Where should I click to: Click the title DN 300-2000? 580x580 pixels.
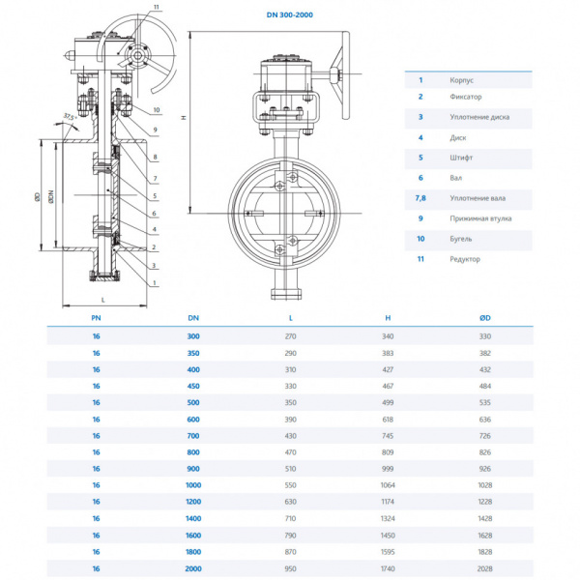tap(289, 15)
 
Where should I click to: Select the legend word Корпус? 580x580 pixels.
tap(462, 80)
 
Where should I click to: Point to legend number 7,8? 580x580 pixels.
tap(420, 197)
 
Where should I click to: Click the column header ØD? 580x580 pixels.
tap(484, 317)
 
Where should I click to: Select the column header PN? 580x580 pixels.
tap(96, 317)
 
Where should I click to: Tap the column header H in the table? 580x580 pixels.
tap(387, 317)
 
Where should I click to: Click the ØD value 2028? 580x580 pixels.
tap(484, 569)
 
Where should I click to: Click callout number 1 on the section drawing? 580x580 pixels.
tap(155, 282)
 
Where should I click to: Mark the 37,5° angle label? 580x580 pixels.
tap(67, 117)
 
